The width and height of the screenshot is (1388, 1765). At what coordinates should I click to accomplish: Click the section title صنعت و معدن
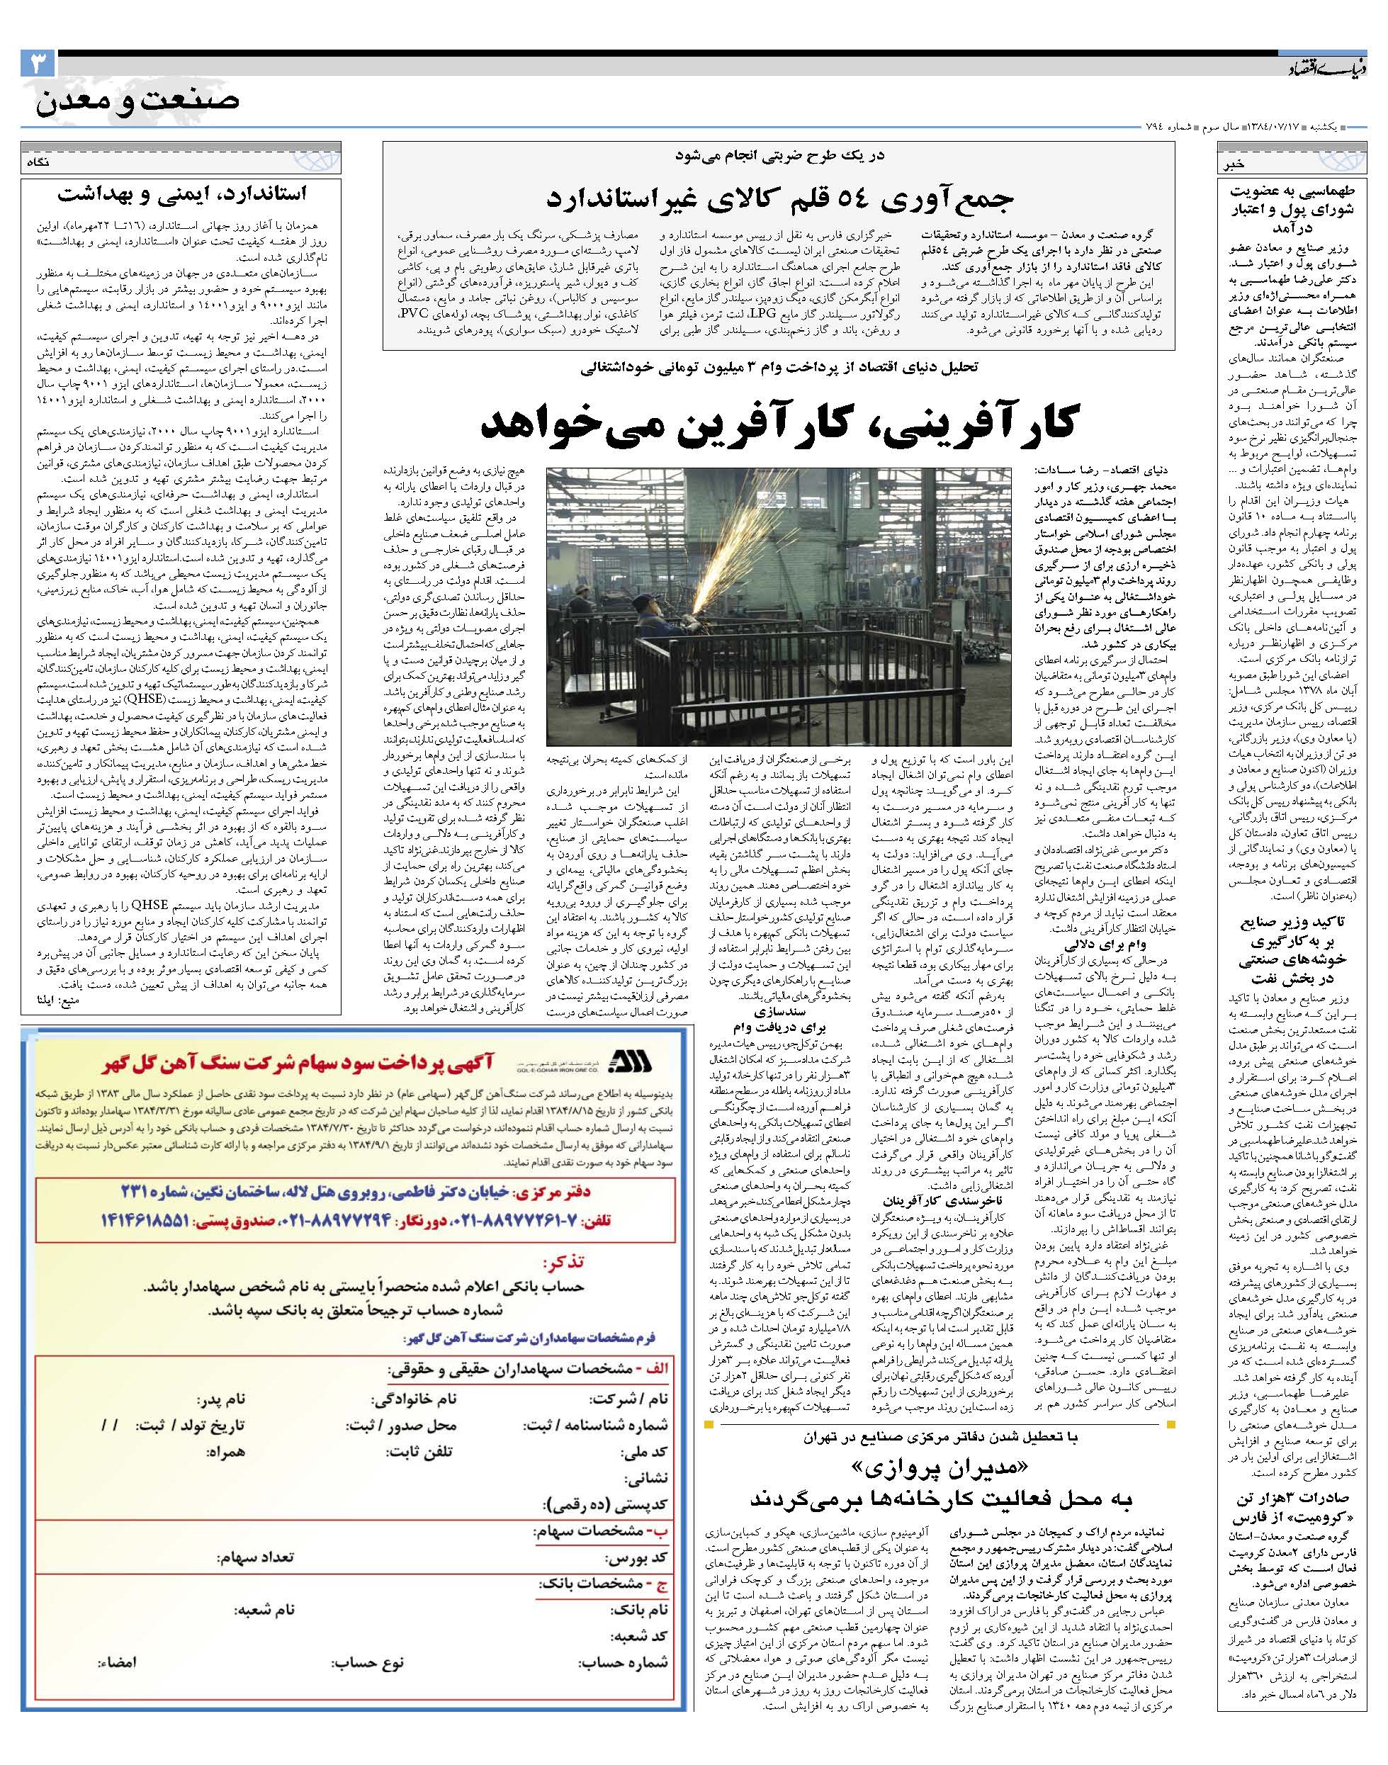click(138, 101)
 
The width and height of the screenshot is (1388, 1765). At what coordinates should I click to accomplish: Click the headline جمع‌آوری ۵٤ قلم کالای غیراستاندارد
click(779, 198)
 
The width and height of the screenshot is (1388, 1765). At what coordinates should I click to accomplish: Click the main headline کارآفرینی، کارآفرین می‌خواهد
click(779, 422)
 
